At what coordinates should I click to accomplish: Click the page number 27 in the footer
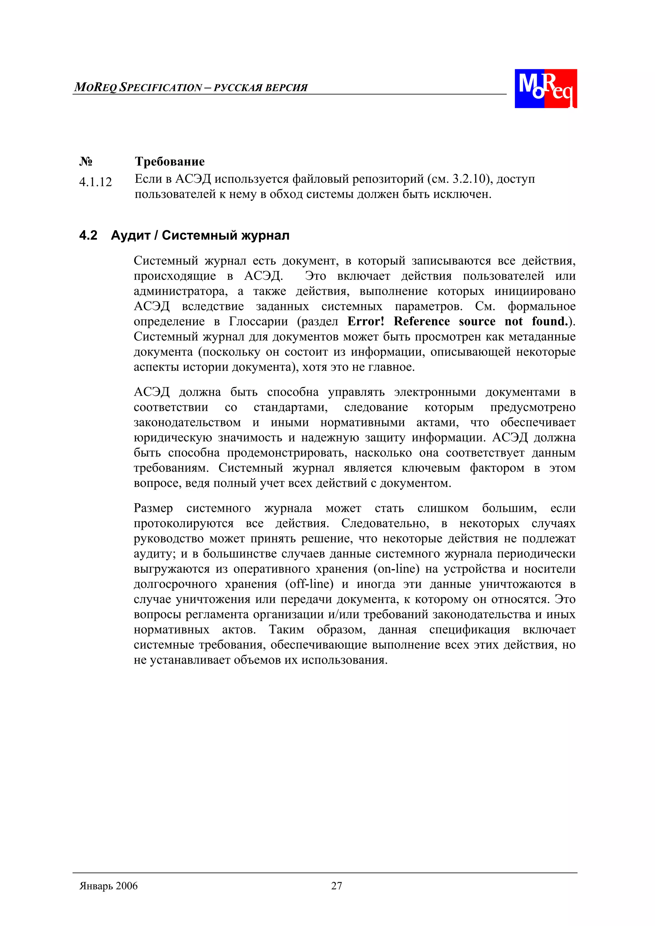pos(336,886)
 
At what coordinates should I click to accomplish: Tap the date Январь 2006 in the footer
pos(108,886)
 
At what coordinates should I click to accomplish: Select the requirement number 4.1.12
pos(95,182)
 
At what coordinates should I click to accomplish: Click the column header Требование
pos(170,161)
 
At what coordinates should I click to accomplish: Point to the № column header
pos(86,161)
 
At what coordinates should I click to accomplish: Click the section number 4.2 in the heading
pos(88,235)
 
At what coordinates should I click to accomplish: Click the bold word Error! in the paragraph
pos(366,322)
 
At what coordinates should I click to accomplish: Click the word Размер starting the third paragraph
pos(154,508)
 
